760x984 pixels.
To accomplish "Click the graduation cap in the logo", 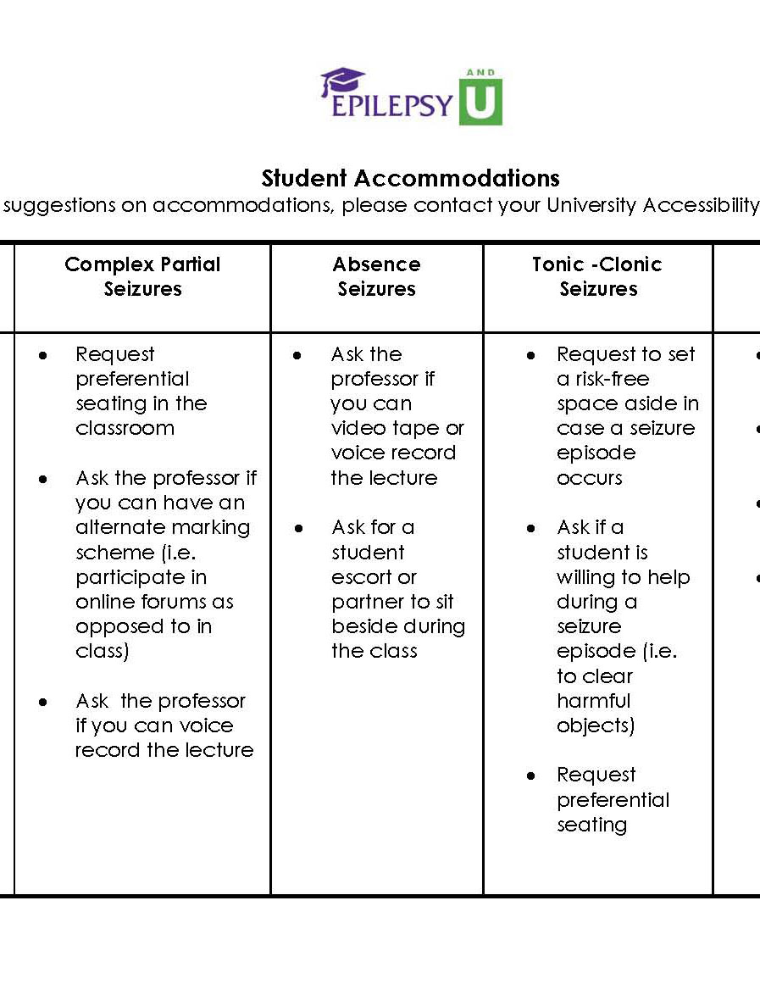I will pos(341,81).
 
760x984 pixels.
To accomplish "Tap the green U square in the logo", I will pos(480,102).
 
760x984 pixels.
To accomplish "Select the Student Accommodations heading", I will pos(410,179).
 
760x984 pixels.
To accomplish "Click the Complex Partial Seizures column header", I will pos(142,276).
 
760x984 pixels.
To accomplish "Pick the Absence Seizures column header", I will pos(376,276).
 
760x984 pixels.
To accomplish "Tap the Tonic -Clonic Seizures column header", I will pos(597,276).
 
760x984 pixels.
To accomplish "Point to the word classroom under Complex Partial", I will pos(125,428).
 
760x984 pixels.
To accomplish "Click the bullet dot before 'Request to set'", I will pos(531,356).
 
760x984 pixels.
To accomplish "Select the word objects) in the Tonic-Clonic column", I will pos(595,726).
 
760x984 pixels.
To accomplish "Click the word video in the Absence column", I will pos(358,429).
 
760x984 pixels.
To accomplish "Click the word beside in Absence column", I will pos(362,627).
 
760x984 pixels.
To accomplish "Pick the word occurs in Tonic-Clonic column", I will pos(589,478).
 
